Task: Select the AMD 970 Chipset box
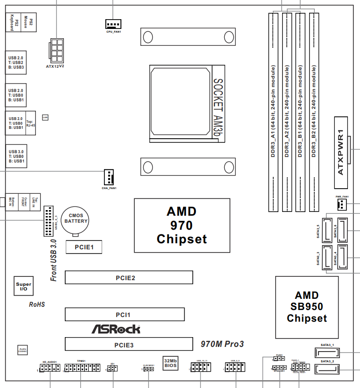tap(182, 226)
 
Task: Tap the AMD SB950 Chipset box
tap(307, 307)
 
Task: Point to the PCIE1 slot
tap(84, 247)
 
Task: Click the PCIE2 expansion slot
tap(129, 278)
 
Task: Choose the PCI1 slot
tap(125, 315)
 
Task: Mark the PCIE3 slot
tap(129, 345)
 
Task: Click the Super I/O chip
tap(23, 287)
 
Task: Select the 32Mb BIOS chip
tap(170, 363)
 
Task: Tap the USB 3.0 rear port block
tap(16, 156)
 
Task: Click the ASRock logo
tap(115, 329)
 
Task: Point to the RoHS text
tap(37, 304)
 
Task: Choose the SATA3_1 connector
tap(327, 353)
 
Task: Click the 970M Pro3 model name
tap(222, 344)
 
